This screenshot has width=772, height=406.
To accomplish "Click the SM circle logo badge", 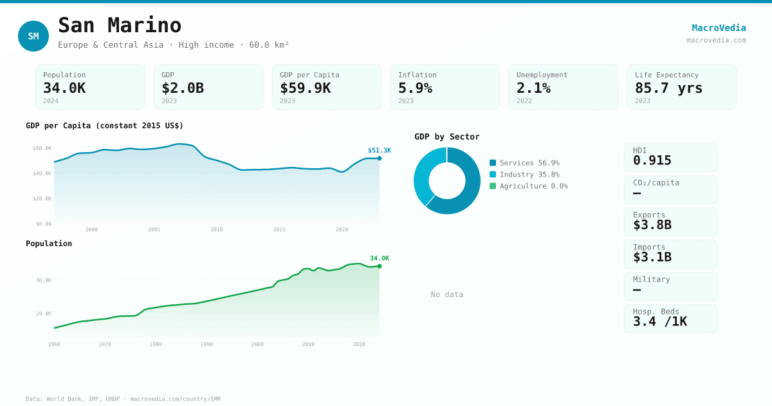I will [33, 36].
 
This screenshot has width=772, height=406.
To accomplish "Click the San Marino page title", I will [120, 25].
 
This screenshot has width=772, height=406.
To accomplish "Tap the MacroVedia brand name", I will [719, 28].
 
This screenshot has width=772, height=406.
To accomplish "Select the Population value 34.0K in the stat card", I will [64, 88].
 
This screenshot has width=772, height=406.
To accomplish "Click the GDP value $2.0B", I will [183, 88].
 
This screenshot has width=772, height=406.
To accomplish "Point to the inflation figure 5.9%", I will [415, 88].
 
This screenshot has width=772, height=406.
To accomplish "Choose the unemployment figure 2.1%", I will [533, 88].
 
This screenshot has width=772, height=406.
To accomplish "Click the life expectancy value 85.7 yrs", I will [668, 88].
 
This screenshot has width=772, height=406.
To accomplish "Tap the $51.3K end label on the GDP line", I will [379, 150].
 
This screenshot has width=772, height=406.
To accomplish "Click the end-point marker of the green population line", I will [380, 266].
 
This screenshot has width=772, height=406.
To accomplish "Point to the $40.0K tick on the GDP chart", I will [42, 173].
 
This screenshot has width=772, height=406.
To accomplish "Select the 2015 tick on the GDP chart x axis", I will [279, 229].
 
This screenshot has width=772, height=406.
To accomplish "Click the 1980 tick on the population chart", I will [156, 344].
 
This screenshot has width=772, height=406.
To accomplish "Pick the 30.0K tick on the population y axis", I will [44, 280].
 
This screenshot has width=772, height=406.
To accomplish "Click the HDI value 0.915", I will [652, 160].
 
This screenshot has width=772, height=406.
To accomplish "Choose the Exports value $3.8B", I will [652, 225].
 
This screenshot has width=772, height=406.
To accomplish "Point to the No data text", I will [447, 295].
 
